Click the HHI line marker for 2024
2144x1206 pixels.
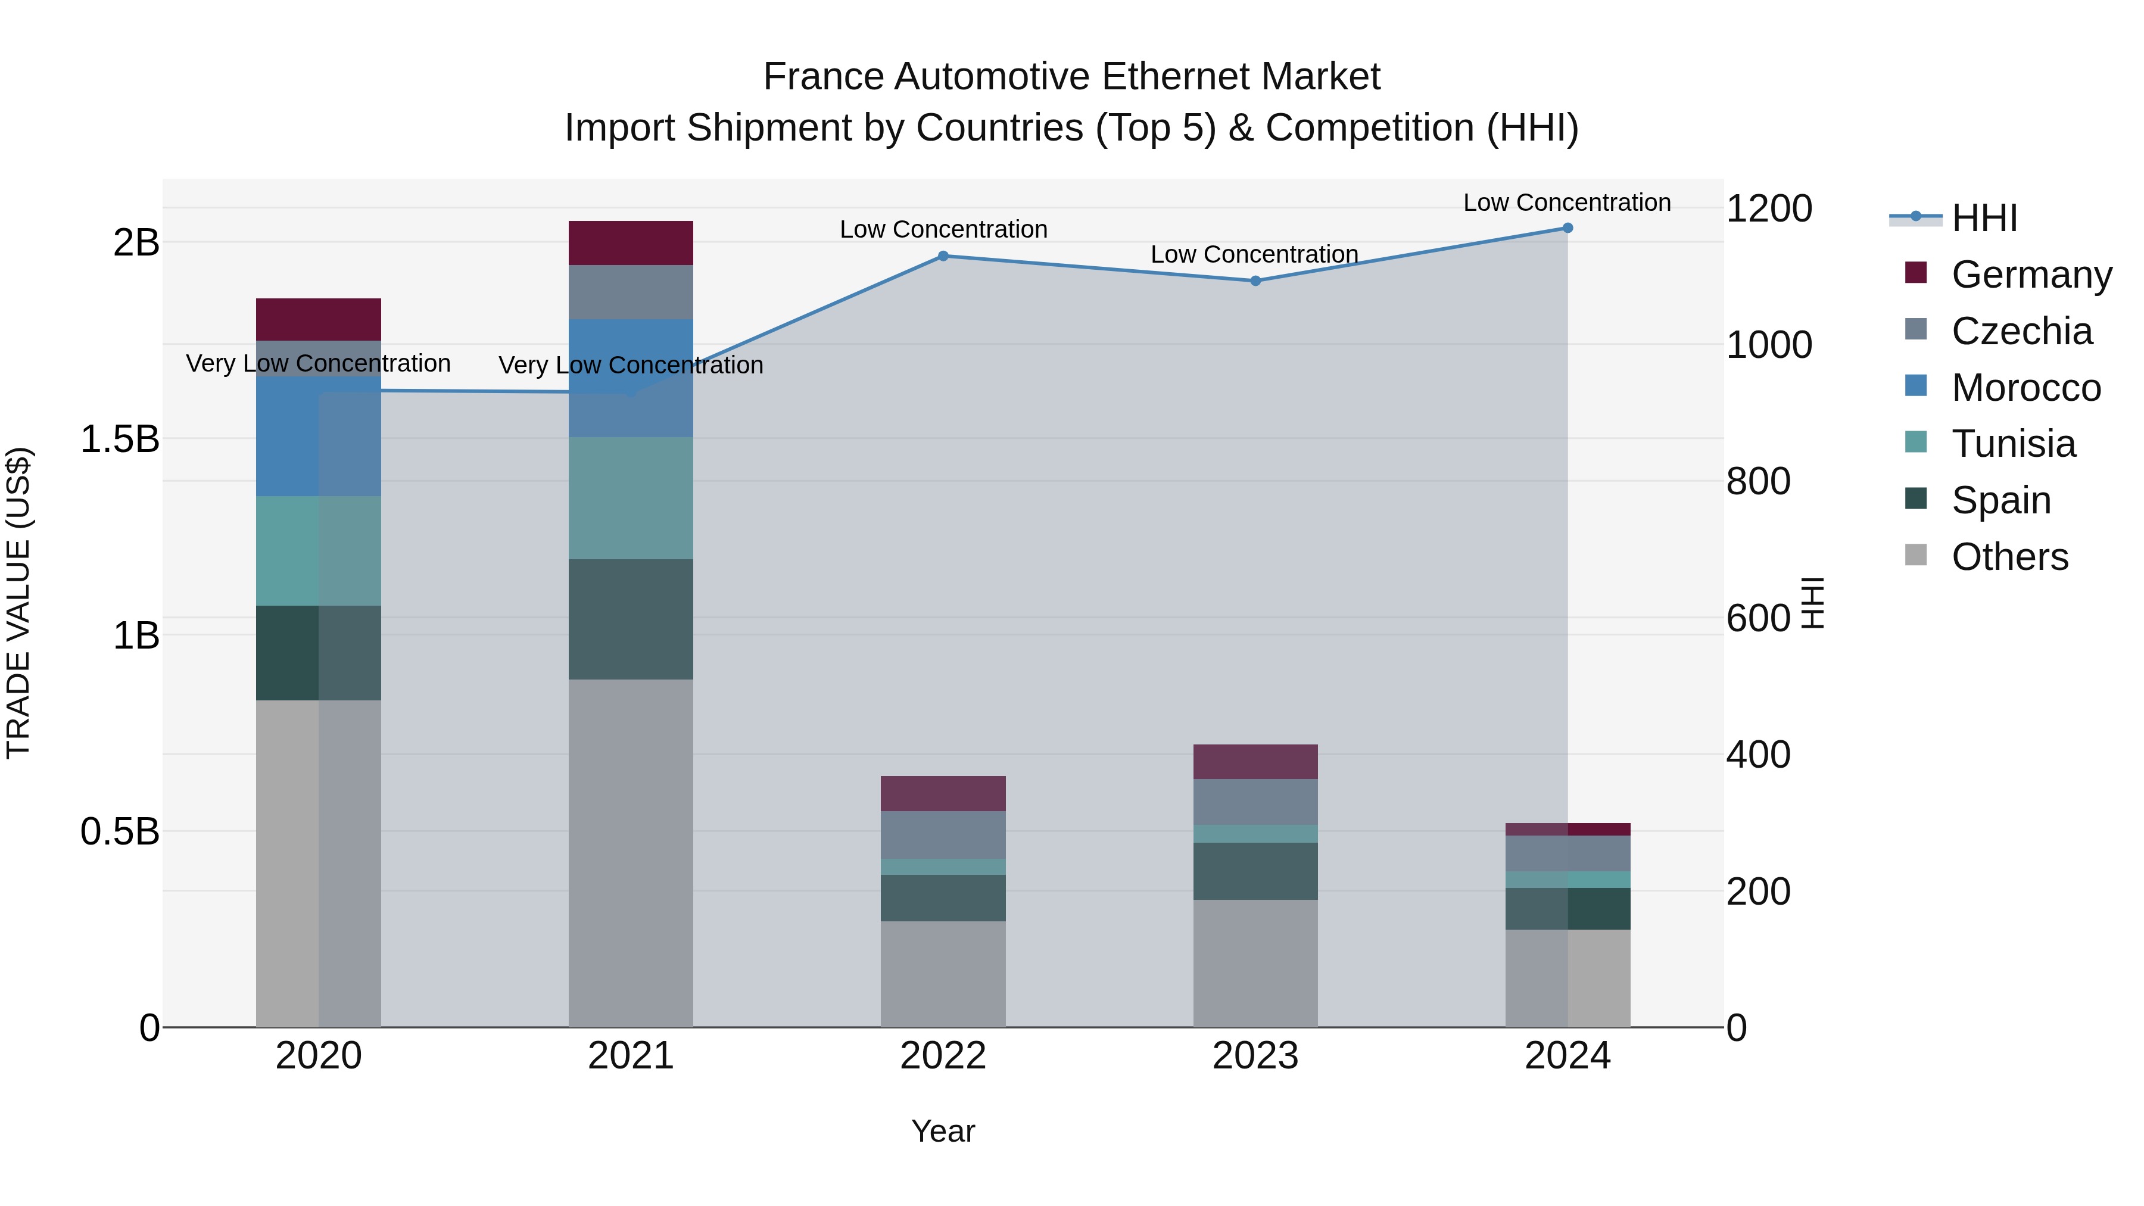coord(1568,228)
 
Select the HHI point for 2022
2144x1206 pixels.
coord(943,256)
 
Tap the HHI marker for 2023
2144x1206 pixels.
coord(1255,281)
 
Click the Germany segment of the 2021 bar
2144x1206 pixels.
coord(630,243)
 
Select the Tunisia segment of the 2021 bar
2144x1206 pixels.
coord(630,498)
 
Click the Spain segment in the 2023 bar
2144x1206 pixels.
coord(1255,871)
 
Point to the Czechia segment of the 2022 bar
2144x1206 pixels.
coord(943,835)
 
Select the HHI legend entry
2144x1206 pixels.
coord(1984,218)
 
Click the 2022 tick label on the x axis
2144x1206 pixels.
coord(943,1056)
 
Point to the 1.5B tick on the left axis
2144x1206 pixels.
coord(120,438)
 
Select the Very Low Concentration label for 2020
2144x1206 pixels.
coord(318,364)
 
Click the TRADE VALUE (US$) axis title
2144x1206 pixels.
coord(18,603)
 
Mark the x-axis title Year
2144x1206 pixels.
coord(943,1131)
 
